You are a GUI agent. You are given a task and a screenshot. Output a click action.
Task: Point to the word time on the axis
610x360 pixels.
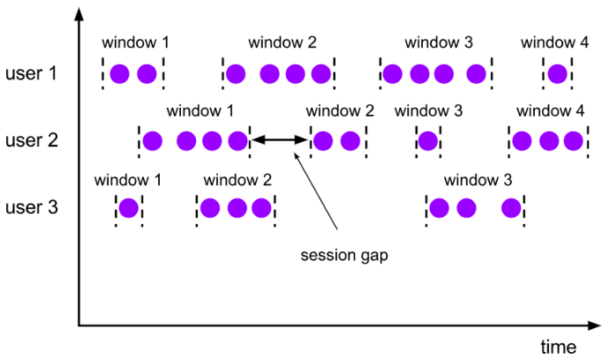coord(558,344)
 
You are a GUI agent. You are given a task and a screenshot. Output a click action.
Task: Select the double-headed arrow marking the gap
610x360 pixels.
coord(281,139)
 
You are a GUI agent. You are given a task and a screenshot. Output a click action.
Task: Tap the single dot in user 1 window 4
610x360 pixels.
coord(556,74)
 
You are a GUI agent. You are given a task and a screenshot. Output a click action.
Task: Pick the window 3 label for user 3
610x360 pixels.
coord(478,180)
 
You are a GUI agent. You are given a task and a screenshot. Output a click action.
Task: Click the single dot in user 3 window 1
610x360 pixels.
coord(129,208)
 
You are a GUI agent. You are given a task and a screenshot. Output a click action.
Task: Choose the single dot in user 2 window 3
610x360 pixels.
coord(428,140)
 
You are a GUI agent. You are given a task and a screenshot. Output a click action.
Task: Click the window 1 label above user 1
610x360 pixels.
coord(135,42)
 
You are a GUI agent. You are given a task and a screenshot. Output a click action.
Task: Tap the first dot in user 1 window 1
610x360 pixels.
coord(120,74)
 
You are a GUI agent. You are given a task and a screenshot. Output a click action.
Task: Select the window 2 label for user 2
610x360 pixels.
coord(340,111)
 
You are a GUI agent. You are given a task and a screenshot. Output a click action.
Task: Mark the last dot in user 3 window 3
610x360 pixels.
coord(511,208)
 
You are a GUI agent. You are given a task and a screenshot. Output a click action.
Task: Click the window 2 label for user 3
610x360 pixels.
coord(237,180)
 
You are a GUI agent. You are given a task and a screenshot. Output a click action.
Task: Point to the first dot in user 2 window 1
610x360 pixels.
coord(153,140)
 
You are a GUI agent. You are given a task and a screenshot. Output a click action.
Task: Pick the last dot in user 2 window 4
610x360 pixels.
coord(574,140)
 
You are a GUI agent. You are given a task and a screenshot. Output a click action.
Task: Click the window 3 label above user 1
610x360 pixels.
coord(439,42)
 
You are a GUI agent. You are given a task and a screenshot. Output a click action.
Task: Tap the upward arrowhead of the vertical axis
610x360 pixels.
coord(79,11)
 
